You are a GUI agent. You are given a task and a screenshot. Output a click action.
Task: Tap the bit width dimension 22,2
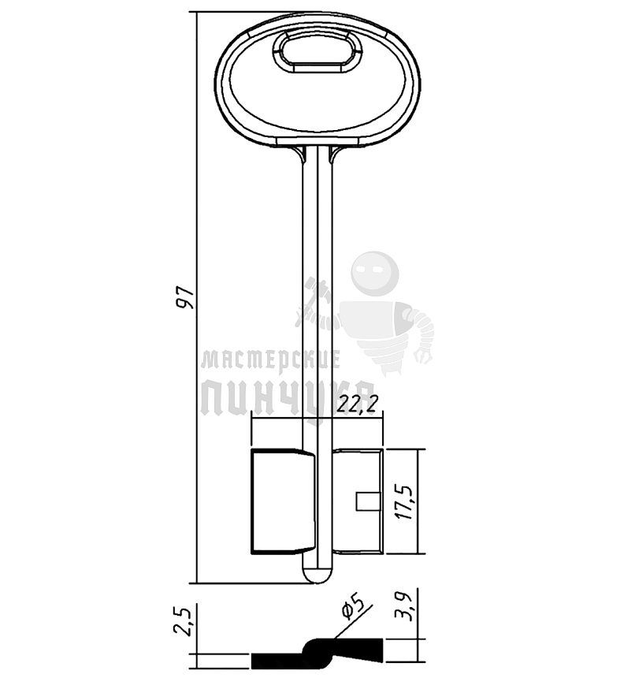358,404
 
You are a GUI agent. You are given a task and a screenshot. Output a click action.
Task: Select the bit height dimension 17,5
406,501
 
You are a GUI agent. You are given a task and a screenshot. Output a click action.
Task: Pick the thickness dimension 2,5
183,621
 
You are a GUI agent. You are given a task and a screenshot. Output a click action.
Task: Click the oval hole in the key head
318,51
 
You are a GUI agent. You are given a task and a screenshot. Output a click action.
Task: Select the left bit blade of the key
283,501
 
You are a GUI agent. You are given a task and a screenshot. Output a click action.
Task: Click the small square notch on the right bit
368,501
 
